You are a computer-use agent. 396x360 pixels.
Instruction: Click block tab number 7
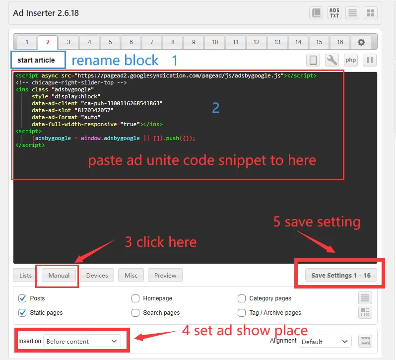(x=152, y=42)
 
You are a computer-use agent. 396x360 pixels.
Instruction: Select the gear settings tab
(x=361, y=42)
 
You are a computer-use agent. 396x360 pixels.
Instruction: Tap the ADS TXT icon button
(x=334, y=13)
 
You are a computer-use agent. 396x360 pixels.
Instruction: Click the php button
(x=350, y=60)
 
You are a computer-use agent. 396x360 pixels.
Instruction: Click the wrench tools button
(x=331, y=60)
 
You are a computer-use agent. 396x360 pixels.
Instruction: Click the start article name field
(x=38, y=60)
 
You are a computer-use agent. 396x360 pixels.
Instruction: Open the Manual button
(x=59, y=275)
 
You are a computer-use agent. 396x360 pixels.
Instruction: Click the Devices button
(x=97, y=275)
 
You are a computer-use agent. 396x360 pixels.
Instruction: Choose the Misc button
(x=131, y=275)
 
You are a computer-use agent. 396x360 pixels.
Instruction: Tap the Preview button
(x=165, y=275)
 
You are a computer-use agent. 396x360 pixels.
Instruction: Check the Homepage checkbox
(x=135, y=298)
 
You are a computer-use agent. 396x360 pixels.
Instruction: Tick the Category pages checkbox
(x=242, y=298)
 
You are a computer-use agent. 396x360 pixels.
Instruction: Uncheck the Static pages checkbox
(x=22, y=313)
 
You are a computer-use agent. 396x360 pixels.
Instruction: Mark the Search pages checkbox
(x=135, y=313)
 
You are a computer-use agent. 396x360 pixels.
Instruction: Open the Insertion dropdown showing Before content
(x=82, y=341)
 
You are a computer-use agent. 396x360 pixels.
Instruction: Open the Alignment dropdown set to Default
(x=325, y=342)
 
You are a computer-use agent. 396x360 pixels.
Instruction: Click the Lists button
(x=25, y=275)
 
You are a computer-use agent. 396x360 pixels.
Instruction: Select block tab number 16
(x=340, y=42)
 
